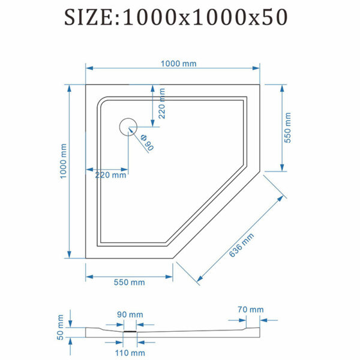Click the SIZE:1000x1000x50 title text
(176, 17)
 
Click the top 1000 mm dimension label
(178, 64)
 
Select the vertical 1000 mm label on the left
(63, 161)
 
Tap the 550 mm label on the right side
(287, 128)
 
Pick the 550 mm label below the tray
(129, 282)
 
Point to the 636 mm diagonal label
(241, 245)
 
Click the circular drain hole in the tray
(128, 127)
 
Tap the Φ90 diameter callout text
(147, 143)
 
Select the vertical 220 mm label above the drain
(162, 103)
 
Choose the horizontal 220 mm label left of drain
(110, 175)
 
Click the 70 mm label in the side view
(250, 310)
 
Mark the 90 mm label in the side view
(130, 314)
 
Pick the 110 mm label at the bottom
(130, 353)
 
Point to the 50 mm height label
(60, 327)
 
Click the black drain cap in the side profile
(130, 331)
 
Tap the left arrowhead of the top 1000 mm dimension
(89, 68)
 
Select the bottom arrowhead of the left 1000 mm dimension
(69, 254)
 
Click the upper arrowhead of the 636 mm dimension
(281, 199)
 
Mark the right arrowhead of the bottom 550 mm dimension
(169, 277)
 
